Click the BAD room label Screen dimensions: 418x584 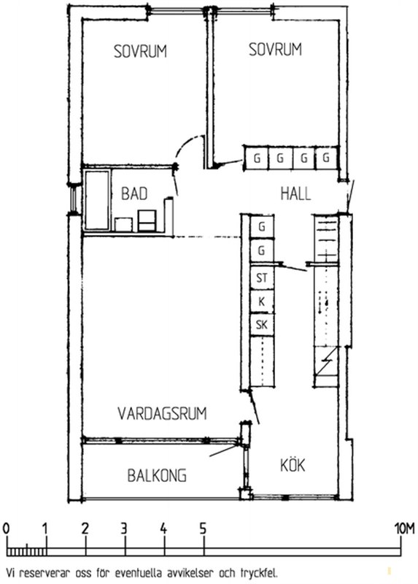[134, 193]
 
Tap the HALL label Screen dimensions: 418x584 [295, 193]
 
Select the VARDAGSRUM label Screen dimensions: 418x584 [162, 414]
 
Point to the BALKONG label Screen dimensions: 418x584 [157, 476]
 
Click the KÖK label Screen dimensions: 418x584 [293, 465]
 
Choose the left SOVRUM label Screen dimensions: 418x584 [140, 51]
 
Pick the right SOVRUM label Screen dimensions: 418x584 [275, 50]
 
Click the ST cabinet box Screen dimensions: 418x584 [262, 278]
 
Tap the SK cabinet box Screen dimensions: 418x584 [262, 325]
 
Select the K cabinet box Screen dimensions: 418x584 [262, 301]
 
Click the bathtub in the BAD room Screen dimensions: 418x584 [97, 200]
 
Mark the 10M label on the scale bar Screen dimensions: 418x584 [405, 529]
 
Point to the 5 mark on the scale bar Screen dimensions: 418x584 [203, 529]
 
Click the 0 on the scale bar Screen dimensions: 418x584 [6, 529]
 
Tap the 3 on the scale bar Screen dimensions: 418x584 [124, 529]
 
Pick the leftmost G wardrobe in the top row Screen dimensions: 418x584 [257, 158]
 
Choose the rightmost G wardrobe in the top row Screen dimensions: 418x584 [326, 158]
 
